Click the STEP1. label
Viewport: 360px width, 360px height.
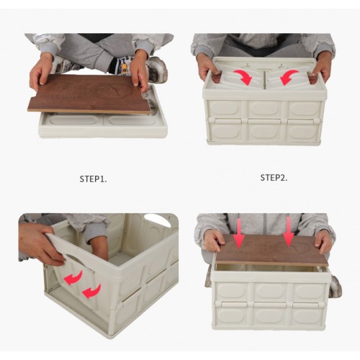click(x=93, y=179)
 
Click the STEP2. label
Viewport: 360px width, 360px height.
click(x=274, y=178)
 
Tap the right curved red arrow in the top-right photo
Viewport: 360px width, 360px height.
click(x=289, y=77)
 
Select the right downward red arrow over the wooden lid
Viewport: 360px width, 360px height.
click(x=289, y=232)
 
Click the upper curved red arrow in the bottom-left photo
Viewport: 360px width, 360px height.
click(x=73, y=279)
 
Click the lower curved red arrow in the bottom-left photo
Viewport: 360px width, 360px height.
click(x=91, y=292)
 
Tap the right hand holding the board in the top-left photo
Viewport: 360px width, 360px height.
click(x=140, y=72)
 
